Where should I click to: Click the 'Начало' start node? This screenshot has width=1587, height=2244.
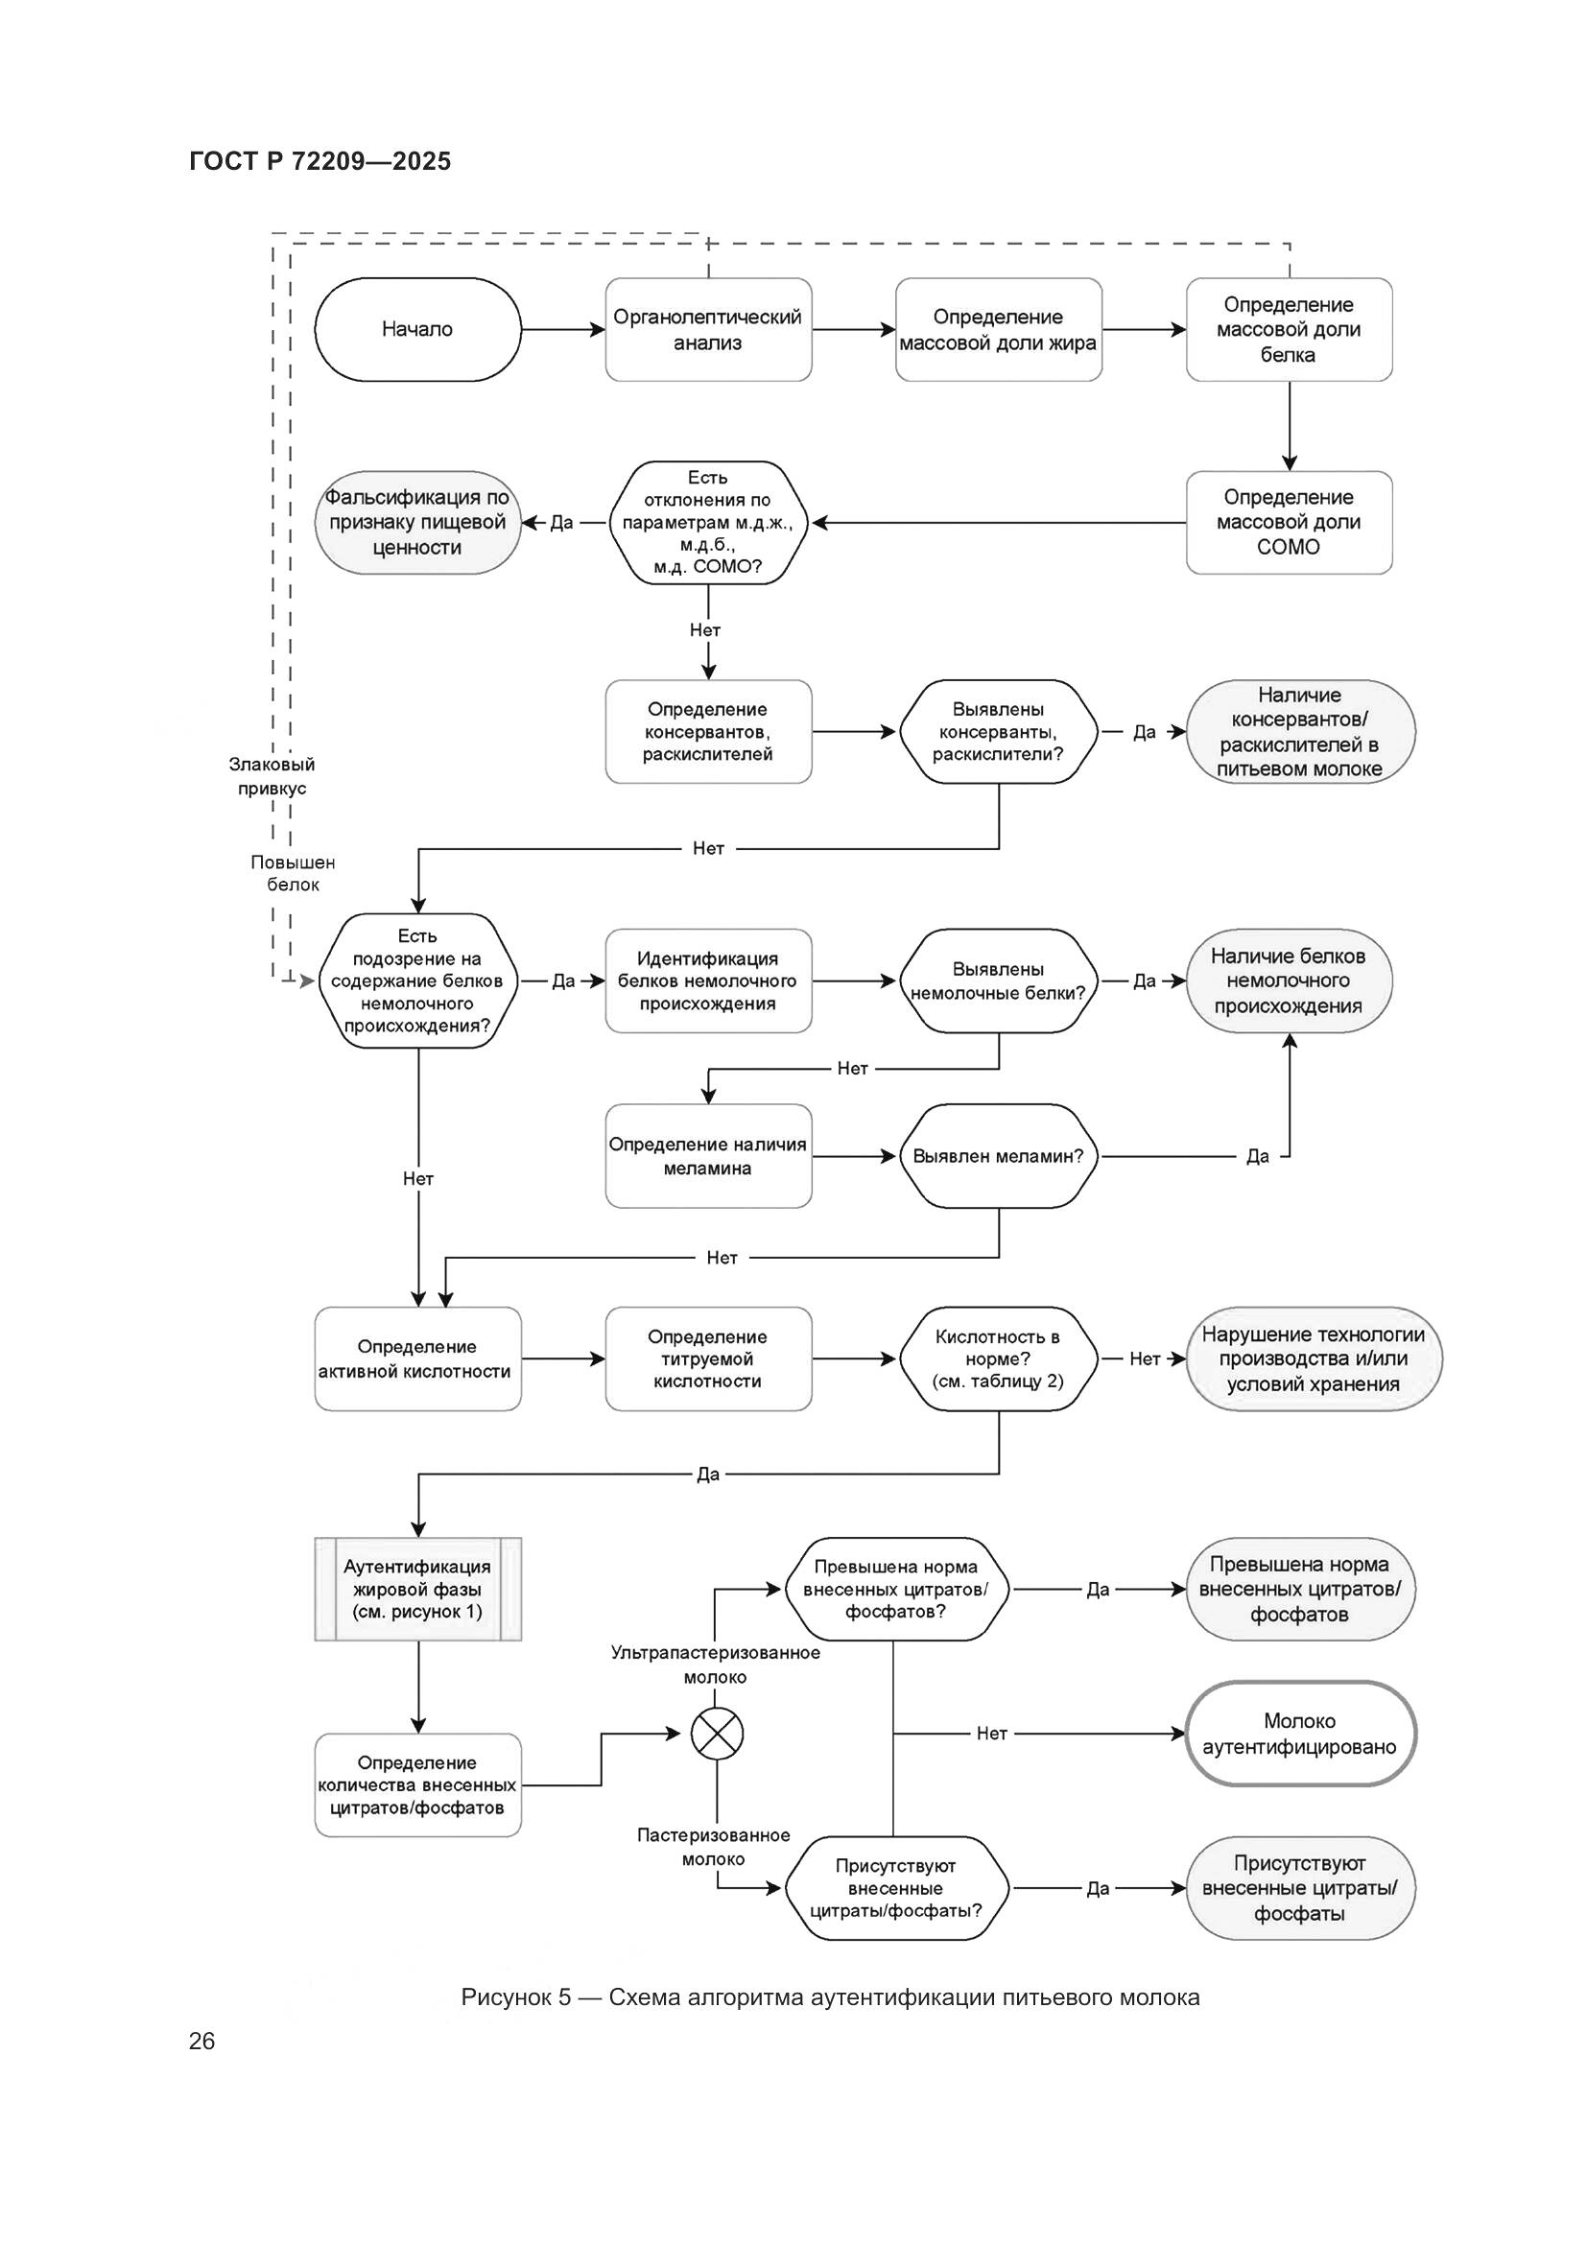click(417, 329)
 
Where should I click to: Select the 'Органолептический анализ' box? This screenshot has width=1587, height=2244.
click(707, 329)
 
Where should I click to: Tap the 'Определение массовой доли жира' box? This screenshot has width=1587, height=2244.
click(998, 329)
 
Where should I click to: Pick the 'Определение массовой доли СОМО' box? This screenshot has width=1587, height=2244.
click(1288, 522)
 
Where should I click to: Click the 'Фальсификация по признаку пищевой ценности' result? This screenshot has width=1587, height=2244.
click(417, 522)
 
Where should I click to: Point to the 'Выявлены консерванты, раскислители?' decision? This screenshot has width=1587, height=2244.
click(998, 731)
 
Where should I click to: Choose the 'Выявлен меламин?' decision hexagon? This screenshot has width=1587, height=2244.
click(998, 1156)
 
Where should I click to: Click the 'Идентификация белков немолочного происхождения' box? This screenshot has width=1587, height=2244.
click(707, 980)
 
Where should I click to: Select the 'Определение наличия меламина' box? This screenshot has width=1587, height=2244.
click(707, 1156)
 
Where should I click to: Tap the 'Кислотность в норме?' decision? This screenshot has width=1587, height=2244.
click(998, 1358)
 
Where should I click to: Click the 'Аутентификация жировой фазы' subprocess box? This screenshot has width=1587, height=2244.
click(417, 1588)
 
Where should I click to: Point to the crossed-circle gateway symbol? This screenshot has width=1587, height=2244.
click(717, 1734)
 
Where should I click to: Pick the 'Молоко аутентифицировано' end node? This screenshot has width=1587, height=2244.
click(1299, 1734)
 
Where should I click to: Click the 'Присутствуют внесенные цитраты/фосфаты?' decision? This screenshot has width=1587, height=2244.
click(895, 1888)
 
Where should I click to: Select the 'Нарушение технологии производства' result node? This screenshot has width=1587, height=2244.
click(1313, 1358)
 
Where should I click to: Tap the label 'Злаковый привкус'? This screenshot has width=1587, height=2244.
click(272, 776)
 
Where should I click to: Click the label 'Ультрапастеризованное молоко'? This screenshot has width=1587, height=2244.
click(716, 1665)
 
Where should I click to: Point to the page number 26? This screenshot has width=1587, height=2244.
click(201, 2041)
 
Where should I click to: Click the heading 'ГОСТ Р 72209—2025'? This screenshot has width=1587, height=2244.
click(320, 161)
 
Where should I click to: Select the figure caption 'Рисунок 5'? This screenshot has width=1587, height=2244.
click(830, 1996)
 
